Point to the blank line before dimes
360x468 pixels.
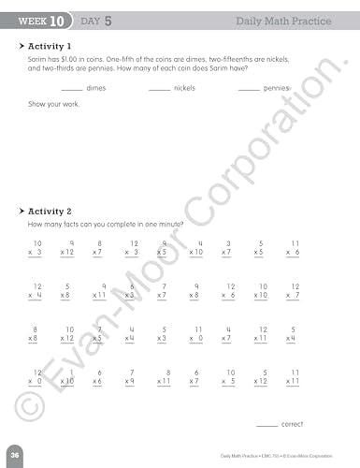click(x=71, y=90)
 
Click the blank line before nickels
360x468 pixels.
click(x=159, y=90)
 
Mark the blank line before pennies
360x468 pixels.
click(x=248, y=90)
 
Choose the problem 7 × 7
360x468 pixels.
click(x=163, y=292)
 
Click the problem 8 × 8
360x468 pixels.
click(x=36, y=335)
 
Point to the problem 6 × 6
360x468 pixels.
click(x=97, y=378)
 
